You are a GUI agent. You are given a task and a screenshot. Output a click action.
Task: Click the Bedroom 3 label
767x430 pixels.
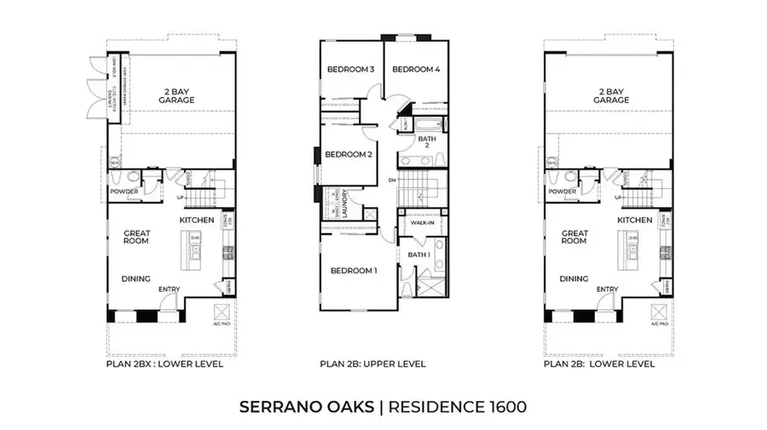(x=350, y=69)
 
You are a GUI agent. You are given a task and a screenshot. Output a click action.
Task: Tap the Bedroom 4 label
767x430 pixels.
(x=415, y=69)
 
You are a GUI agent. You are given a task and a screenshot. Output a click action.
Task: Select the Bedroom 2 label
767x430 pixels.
(x=349, y=154)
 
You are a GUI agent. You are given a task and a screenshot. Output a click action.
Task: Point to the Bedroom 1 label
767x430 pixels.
(x=353, y=271)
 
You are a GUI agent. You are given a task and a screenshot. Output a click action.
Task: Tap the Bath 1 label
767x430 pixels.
(x=417, y=255)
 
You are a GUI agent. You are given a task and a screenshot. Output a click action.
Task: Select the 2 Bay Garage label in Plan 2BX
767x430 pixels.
(x=176, y=95)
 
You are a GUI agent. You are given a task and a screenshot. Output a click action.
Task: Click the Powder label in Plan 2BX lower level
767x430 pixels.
(x=124, y=192)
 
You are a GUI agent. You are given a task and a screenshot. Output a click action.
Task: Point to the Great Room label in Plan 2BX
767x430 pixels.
(x=136, y=237)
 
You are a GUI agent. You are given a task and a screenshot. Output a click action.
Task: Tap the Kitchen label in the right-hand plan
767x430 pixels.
(x=635, y=220)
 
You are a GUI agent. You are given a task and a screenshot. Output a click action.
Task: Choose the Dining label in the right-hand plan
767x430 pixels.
(x=574, y=278)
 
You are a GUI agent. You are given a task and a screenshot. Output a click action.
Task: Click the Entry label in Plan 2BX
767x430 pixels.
(x=169, y=290)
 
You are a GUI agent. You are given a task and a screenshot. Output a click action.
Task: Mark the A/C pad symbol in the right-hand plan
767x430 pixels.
(x=659, y=312)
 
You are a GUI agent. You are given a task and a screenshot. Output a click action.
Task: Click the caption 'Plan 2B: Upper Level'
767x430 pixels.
(x=372, y=364)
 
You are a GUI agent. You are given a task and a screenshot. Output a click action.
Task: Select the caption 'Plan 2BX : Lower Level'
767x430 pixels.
(x=164, y=364)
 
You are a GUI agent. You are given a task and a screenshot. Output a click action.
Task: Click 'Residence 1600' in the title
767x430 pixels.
(x=458, y=406)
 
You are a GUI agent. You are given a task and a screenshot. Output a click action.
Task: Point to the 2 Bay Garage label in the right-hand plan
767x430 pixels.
(x=612, y=95)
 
